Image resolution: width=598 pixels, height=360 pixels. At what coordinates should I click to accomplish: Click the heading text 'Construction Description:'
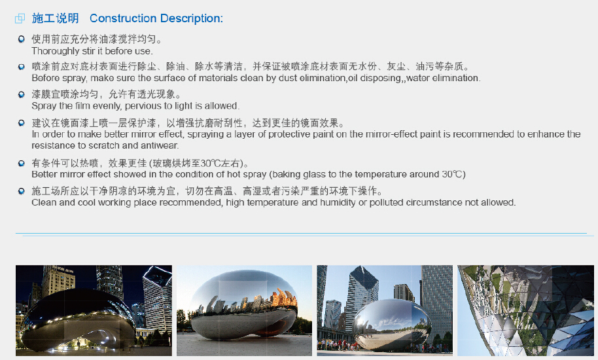tap(156, 18)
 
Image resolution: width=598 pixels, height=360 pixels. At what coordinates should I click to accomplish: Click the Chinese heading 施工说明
tap(56, 18)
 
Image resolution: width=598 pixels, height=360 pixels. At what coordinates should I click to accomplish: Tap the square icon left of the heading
tap(20, 18)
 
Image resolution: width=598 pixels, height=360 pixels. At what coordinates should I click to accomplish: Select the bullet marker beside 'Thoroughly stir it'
tap(22, 39)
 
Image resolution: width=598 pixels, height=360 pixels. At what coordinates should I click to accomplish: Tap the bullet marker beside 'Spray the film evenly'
tap(22, 94)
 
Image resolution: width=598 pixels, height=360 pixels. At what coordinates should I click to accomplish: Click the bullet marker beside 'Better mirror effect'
tap(22, 163)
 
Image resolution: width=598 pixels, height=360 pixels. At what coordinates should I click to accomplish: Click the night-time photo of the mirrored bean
tap(94, 310)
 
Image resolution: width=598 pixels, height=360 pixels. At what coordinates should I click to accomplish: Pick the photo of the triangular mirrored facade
tap(525, 310)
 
